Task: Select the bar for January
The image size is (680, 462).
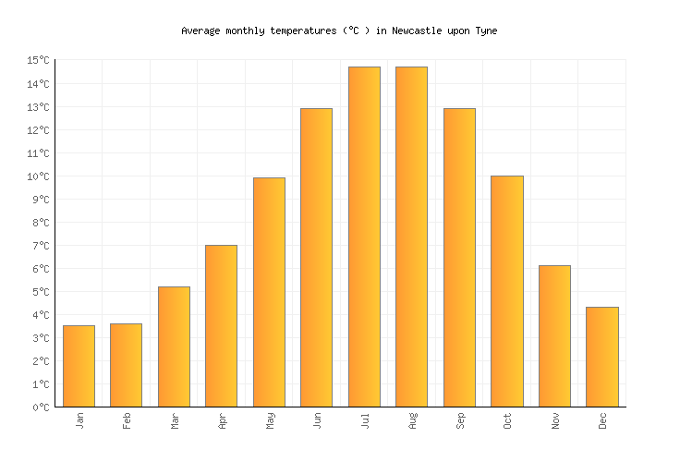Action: coord(79,366)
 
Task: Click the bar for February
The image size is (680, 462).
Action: coord(126,365)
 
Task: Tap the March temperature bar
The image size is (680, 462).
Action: coord(174,346)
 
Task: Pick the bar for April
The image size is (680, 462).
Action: coord(221,325)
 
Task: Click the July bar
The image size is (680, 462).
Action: coord(364,237)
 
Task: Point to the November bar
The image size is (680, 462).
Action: coord(554,335)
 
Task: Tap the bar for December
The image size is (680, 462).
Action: coord(601,357)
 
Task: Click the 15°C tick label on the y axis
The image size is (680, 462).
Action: coord(39,61)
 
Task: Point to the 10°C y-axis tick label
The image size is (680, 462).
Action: coord(39,176)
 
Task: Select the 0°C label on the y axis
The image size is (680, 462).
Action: coord(42,407)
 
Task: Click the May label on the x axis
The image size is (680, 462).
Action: coord(270,420)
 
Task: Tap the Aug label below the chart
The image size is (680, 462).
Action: coord(412,420)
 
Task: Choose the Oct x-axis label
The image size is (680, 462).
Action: coord(507,420)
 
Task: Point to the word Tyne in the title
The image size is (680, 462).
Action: coord(486,30)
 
